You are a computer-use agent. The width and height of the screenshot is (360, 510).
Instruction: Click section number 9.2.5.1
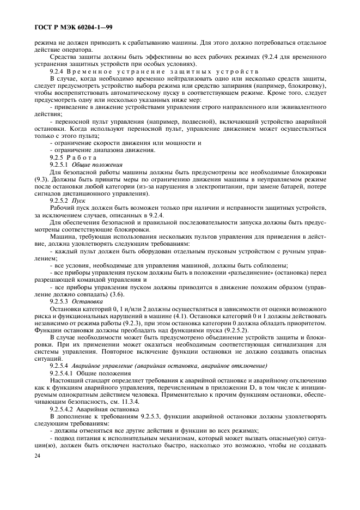click(x=60, y=164)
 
